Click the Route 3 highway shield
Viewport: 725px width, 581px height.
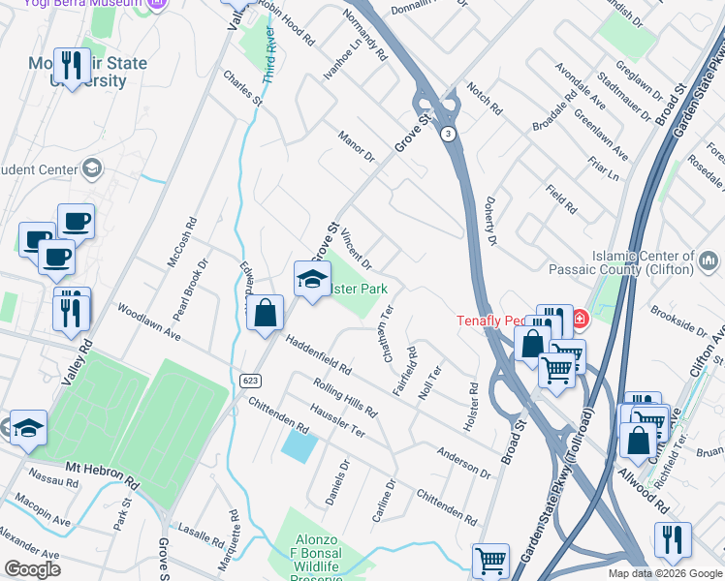tap(448, 134)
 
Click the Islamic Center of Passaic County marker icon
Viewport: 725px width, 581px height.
tap(709, 260)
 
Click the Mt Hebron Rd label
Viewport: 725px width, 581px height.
tap(103, 474)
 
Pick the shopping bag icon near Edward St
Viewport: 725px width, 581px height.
tap(265, 314)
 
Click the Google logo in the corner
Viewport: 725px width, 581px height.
tap(32, 569)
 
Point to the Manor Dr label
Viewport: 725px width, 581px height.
tap(356, 147)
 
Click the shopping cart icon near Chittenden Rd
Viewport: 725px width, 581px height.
tap(490, 560)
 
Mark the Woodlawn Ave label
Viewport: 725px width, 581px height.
tap(148, 321)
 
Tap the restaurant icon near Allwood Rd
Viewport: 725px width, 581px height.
tap(673, 539)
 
